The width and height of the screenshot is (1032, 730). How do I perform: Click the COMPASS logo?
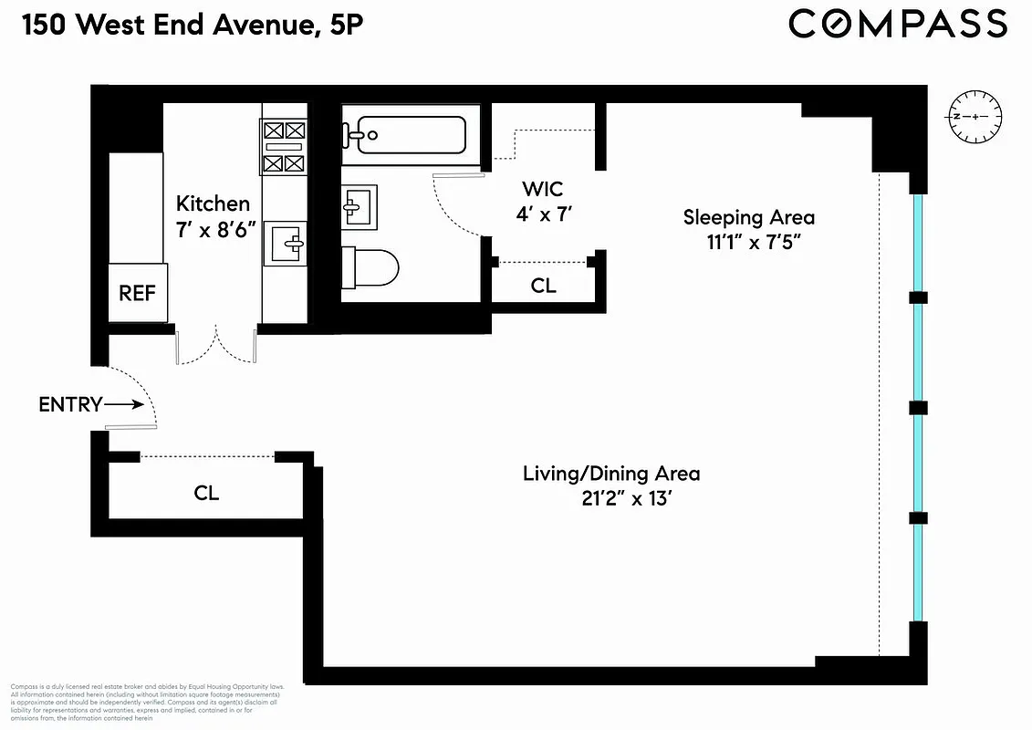click(x=898, y=24)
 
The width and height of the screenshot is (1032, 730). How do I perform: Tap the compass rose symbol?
click(x=975, y=118)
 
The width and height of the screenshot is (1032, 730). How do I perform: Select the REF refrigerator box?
click(x=138, y=293)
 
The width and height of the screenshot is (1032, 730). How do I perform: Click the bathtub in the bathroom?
click(x=404, y=135)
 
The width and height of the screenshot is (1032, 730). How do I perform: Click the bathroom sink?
click(x=358, y=206)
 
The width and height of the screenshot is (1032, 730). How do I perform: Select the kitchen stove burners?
click(x=283, y=146)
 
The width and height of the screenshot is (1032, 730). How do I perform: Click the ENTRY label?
click(x=69, y=404)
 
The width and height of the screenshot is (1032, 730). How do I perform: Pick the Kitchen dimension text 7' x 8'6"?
click(x=213, y=230)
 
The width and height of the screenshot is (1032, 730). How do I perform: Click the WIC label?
click(x=542, y=190)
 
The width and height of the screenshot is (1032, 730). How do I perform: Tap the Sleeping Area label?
click(x=749, y=217)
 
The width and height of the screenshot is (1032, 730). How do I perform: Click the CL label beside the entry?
click(x=206, y=493)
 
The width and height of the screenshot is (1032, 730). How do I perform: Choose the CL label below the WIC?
click(x=543, y=286)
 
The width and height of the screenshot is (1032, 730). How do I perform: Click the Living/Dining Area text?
click(x=611, y=474)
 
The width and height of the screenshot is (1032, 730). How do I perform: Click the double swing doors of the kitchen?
click(x=216, y=347)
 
